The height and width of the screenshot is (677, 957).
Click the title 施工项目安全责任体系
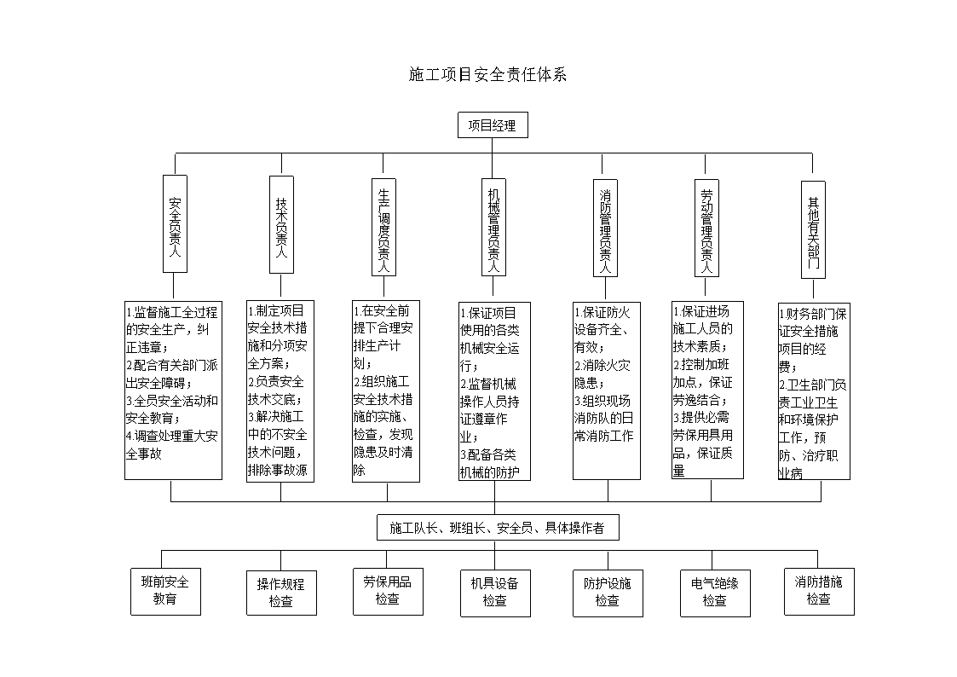point(487,75)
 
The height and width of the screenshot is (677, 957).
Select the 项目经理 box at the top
point(492,125)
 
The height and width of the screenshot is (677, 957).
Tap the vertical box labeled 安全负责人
point(175,225)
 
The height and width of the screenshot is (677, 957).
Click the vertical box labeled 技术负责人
point(281,225)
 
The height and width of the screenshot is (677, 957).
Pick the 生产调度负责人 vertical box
point(384,227)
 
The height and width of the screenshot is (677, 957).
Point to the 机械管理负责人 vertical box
point(493,226)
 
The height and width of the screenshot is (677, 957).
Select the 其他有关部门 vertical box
point(813,229)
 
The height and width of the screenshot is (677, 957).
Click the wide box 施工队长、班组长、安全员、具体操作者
point(498,528)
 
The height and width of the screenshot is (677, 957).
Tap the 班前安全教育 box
point(166,590)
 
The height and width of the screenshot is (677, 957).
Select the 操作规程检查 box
point(281,593)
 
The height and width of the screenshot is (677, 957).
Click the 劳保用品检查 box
point(387,590)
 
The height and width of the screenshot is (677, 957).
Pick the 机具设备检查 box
point(494,592)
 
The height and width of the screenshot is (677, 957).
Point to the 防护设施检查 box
point(607,592)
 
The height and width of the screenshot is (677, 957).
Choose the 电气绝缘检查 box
point(714,592)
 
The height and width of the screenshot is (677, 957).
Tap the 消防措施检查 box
point(818,590)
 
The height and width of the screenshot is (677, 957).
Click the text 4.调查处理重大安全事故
point(171,444)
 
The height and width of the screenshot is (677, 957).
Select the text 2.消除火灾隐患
point(602,374)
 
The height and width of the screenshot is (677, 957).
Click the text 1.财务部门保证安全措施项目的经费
point(812,339)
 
